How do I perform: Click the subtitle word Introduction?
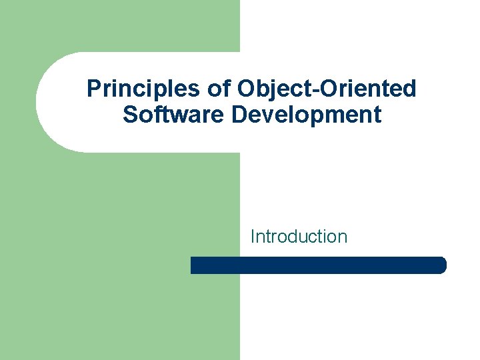[299, 236]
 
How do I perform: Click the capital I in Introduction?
[253, 236]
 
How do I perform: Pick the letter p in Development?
[320, 117]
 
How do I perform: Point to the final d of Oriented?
[410, 89]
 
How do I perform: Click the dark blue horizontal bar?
[318, 265]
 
